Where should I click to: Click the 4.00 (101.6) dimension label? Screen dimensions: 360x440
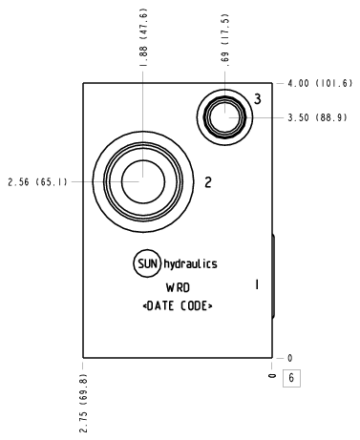click(x=320, y=83)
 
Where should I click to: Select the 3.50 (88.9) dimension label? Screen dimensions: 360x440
click(x=317, y=117)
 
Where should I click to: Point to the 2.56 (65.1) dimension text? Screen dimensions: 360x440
click(x=37, y=182)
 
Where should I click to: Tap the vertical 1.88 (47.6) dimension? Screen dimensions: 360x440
click(x=143, y=37)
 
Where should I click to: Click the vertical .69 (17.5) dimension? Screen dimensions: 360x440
click(x=225, y=40)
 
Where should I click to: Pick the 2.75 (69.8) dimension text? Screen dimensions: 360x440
click(x=83, y=403)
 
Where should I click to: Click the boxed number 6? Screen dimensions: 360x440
click(x=291, y=378)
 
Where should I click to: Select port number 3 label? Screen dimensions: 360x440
click(x=258, y=99)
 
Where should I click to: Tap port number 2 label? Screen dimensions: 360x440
click(x=208, y=182)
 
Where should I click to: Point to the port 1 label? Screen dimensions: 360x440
click(x=257, y=284)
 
